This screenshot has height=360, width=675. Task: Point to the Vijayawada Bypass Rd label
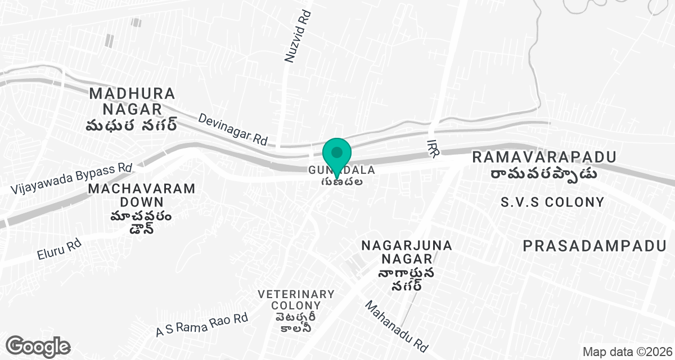[x=71, y=179]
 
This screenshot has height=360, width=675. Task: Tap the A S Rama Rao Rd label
[x=202, y=325]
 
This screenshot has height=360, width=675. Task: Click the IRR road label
[x=433, y=148]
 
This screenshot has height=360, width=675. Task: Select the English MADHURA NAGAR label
[x=132, y=101]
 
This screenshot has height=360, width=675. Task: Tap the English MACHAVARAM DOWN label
[x=142, y=195]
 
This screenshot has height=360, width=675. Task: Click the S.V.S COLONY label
[x=552, y=202]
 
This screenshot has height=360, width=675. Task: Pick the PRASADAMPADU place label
[x=594, y=245]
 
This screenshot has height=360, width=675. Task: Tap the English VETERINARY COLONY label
[x=296, y=300]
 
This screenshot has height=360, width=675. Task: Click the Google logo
[x=38, y=346]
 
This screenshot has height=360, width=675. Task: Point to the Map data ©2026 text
[x=626, y=352]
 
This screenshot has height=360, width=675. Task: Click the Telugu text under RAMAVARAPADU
[x=543, y=173]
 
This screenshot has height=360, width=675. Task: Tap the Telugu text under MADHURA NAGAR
[x=132, y=125]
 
